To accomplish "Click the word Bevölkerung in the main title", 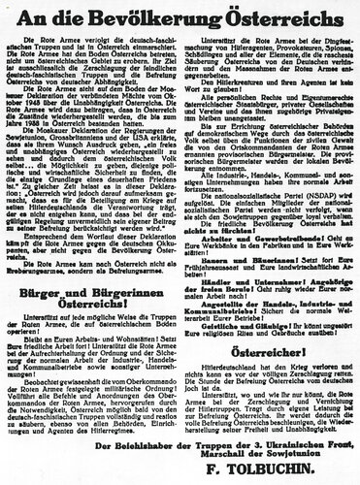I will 163,16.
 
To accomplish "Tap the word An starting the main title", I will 74,16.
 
